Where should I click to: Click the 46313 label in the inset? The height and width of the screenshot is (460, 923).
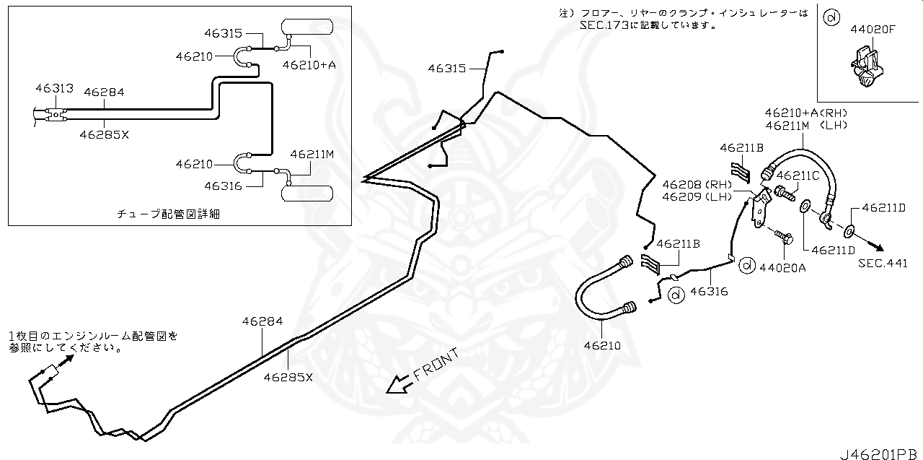point(54,88)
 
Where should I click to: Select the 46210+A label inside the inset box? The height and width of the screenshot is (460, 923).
point(309,64)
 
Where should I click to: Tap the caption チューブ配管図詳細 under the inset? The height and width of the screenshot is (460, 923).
point(167,214)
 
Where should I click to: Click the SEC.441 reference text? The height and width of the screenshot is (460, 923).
point(883,264)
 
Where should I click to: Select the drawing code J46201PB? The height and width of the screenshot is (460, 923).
point(880,454)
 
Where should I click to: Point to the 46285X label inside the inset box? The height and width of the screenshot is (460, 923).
point(104,134)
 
